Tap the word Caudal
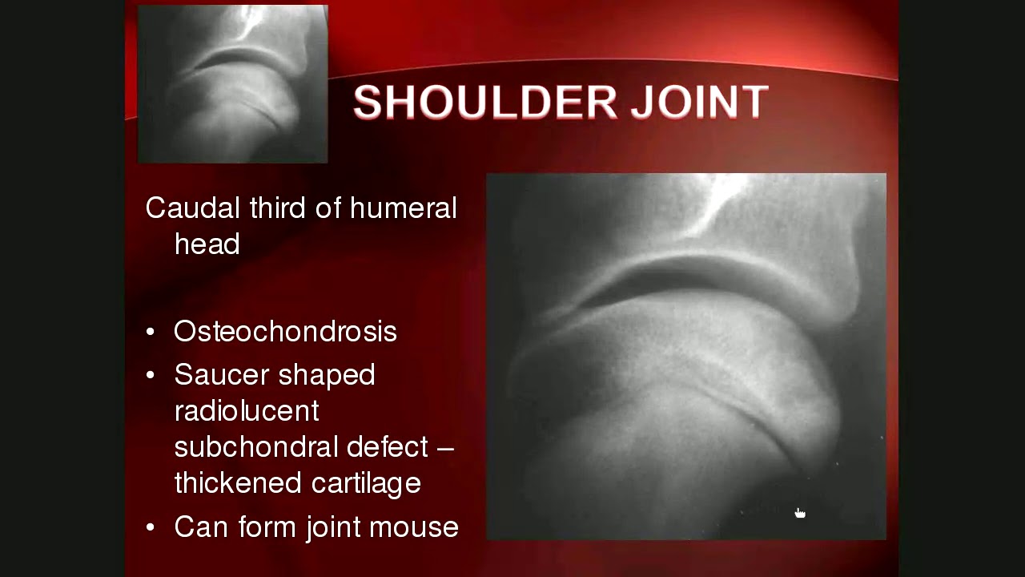coord(192,208)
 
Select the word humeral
coord(403,208)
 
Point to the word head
coord(207,244)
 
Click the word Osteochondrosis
coord(285,332)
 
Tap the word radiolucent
coord(246,410)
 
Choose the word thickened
coord(227,482)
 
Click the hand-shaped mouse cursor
coord(799,514)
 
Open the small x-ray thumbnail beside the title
coord(232,84)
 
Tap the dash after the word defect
coord(445,447)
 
